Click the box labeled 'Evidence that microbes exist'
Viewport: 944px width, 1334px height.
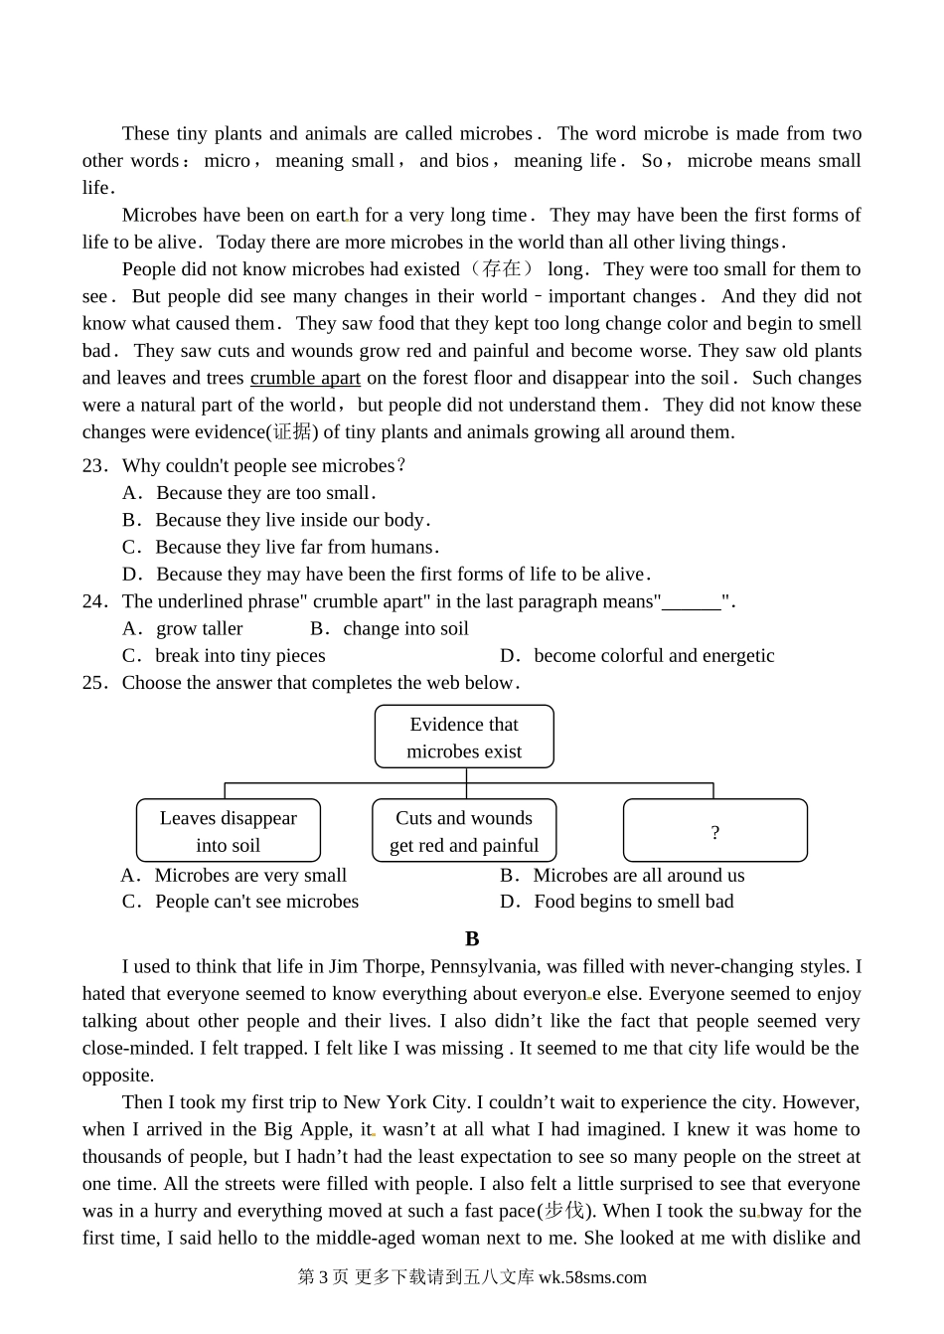coord(464,738)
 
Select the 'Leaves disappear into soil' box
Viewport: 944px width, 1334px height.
coord(229,831)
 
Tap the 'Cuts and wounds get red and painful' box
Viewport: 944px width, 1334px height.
coord(464,831)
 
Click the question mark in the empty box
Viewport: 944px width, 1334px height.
coord(715,833)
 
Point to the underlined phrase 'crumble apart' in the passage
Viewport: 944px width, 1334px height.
coord(305,378)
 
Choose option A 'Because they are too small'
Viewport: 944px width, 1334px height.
coord(264,493)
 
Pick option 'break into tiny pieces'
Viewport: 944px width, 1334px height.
coord(239,656)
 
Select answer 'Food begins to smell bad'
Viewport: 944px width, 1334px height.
coord(633,902)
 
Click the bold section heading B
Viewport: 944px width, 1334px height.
coord(472,939)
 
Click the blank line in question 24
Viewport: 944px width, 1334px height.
coord(692,602)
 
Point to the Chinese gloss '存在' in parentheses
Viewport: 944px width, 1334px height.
coord(503,269)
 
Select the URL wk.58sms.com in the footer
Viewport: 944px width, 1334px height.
coord(592,1277)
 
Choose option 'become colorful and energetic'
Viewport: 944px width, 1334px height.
coord(653,656)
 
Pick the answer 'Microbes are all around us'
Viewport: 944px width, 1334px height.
coord(638,876)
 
